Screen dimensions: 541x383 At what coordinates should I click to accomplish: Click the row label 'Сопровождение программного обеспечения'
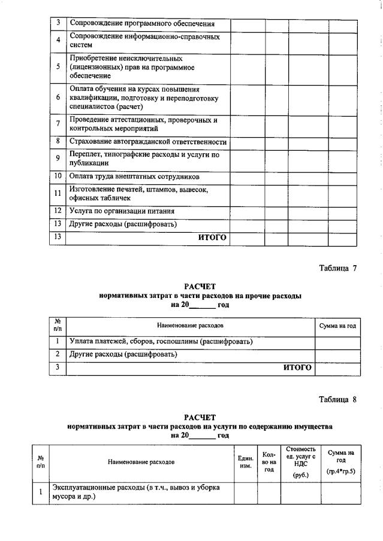142,25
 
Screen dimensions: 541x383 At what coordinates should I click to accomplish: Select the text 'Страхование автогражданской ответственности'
148,142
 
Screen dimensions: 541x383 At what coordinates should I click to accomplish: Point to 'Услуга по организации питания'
122,211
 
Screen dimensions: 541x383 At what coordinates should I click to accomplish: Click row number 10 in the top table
58,177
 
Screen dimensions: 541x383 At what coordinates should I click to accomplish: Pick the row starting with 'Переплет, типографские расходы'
144,159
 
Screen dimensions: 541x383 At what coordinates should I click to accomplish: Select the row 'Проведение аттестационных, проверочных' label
143,124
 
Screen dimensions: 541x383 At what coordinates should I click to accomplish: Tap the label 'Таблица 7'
337,268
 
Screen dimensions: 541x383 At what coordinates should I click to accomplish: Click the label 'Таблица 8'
337,400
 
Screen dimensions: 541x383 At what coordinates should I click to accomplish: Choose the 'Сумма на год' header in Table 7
337,326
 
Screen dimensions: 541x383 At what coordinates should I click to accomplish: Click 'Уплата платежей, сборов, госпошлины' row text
161,341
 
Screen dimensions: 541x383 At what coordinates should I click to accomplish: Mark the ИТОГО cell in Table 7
297,367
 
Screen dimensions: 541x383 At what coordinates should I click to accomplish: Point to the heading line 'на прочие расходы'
200,296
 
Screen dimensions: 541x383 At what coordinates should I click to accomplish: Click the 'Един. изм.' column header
245,462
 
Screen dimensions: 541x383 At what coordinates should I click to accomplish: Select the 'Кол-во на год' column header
269,462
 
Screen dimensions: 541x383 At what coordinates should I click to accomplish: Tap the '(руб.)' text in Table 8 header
300,475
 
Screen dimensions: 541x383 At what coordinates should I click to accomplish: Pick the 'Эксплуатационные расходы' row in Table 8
135,492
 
